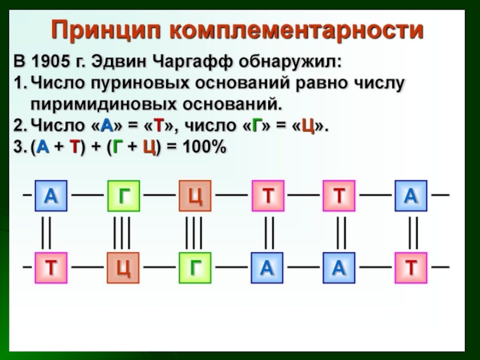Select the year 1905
pyautogui.click(x=49, y=62)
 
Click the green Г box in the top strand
pyautogui.click(x=123, y=196)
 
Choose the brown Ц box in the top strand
pyautogui.click(x=195, y=196)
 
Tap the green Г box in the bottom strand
pyautogui.click(x=195, y=268)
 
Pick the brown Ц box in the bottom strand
pyautogui.click(x=123, y=268)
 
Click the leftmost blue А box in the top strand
pyautogui.click(x=51, y=196)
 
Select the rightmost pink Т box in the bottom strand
pyautogui.click(x=410, y=268)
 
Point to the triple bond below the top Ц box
pyautogui.click(x=194, y=232)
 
